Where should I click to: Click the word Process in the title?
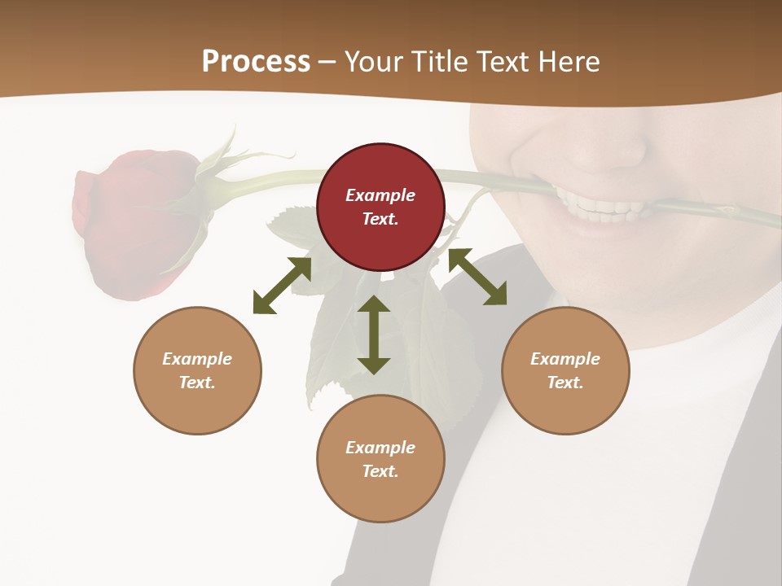256,62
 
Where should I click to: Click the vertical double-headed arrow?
374,335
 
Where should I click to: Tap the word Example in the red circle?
380,195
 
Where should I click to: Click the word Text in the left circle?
197,383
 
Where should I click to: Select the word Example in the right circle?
565,359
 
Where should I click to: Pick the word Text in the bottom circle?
380,471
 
